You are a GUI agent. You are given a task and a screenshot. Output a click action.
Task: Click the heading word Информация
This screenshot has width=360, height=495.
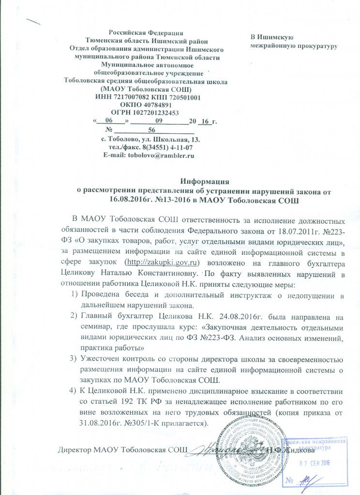click(x=204, y=182)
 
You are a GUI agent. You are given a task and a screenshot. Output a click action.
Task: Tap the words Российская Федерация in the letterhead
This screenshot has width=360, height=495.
click(x=145, y=32)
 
